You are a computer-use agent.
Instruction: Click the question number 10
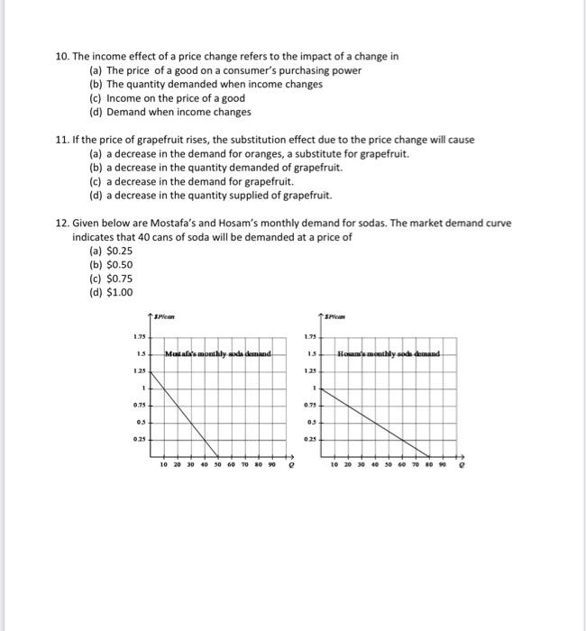point(62,56)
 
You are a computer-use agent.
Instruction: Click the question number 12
point(62,223)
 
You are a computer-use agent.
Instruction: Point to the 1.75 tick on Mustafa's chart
point(140,336)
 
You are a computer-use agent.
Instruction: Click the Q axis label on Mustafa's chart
point(289,468)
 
